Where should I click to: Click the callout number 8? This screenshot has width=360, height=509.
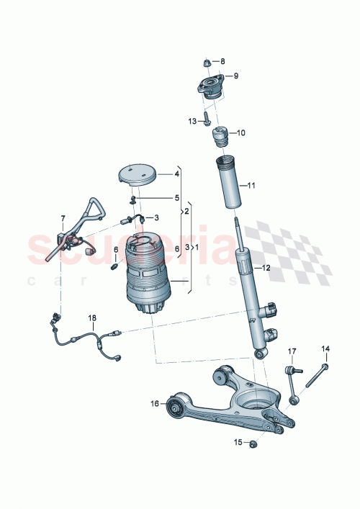pos(222,61)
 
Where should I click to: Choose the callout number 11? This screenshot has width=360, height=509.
pos(252,186)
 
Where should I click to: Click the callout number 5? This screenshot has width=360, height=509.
pos(177,197)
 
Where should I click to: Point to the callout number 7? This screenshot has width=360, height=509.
pos(63,218)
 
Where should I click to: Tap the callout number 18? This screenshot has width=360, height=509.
pos(92,317)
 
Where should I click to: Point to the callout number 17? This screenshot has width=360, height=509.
pos(292,351)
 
